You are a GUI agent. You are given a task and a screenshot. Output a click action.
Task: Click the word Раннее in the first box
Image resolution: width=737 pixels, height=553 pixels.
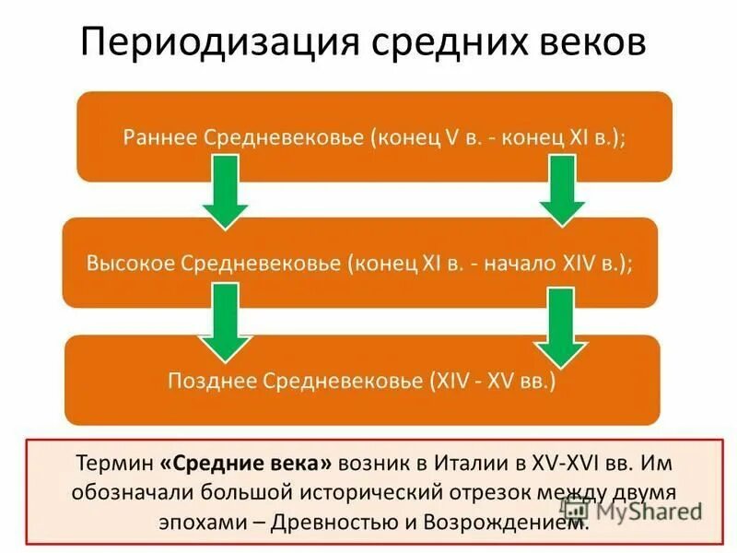click(158, 136)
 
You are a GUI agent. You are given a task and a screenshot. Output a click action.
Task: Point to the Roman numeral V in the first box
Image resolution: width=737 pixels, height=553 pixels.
click(451, 136)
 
